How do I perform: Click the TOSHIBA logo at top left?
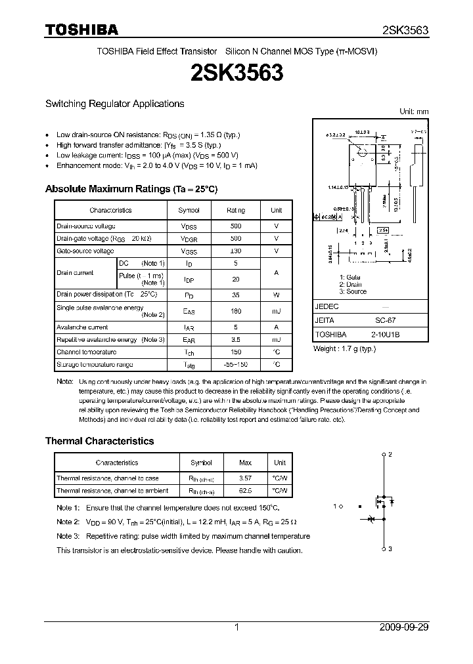click(x=81, y=29)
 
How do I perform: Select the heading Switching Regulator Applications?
click(x=114, y=104)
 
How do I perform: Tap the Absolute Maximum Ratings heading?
click(x=131, y=189)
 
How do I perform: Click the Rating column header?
click(x=236, y=210)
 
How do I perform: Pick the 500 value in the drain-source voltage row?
click(x=236, y=226)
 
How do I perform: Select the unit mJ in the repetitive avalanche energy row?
click(x=276, y=339)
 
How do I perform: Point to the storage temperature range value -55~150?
click(x=236, y=364)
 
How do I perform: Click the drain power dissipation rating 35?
click(x=236, y=295)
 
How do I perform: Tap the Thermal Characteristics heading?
click(x=99, y=442)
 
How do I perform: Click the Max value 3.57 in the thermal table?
click(x=244, y=478)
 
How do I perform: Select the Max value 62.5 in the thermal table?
click(x=244, y=491)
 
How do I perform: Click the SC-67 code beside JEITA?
click(x=385, y=320)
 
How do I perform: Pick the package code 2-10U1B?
click(x=385, y=334)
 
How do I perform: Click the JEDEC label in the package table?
click(x=327, y=306)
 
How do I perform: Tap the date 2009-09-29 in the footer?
click(x=404, y=627)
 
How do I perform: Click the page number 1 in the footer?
click(x=236, y=627)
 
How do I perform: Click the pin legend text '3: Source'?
click(x=353, y=291)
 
